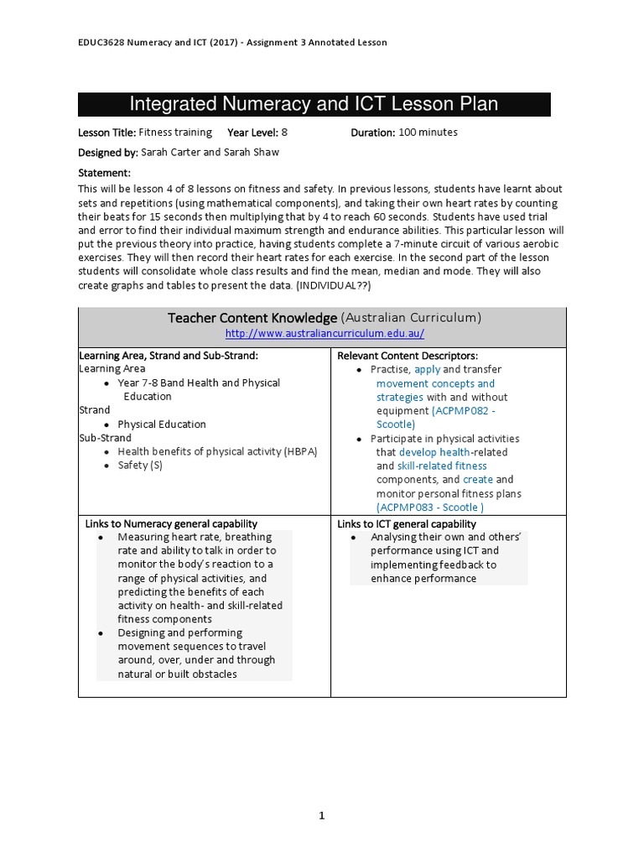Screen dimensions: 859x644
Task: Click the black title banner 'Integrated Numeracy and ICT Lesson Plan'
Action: (x=314, y=104)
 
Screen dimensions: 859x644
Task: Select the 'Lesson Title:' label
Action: (x=106, y=133)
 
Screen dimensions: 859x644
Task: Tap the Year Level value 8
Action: (x=284, y=133)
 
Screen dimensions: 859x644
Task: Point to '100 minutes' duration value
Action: (x=428, y=133)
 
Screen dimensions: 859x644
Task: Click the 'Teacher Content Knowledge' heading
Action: (x=252, y=317)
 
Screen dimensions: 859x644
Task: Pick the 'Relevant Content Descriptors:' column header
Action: (x=407, y=356)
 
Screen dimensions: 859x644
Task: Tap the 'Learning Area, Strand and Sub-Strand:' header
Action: (x=168, y=356)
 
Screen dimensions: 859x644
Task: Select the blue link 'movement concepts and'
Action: (x=435, y=383)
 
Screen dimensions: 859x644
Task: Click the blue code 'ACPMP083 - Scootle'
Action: (x=430, y=507)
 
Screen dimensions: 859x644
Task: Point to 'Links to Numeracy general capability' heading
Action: (x=171, y=523)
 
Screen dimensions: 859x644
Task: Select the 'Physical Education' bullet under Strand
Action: (x=162, y=424)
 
